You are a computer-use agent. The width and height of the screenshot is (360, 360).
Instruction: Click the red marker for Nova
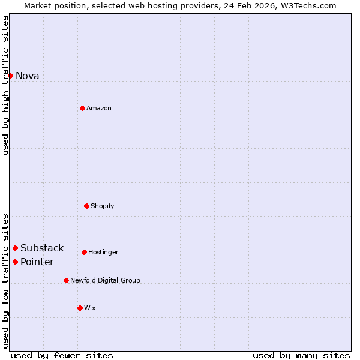point(10,76)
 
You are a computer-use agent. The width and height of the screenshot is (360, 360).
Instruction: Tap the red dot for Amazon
point(82,108)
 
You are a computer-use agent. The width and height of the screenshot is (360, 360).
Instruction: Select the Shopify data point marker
point(86,206)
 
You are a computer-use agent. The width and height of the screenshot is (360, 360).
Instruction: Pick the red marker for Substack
point(15,248)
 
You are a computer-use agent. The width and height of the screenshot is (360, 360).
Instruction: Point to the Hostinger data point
point(84,252)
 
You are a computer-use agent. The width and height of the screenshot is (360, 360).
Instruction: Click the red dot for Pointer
point(15,262)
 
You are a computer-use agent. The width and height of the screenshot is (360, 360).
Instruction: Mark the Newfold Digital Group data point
point(66,280)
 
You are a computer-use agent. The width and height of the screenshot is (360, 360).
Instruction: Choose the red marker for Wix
point(80,308)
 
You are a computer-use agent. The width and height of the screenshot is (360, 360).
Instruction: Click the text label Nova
point(28,76)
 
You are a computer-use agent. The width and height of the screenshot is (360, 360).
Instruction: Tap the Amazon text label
point(99,108)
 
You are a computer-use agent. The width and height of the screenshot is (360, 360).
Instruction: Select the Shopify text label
point(103,206)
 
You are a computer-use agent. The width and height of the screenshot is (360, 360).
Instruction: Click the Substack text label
point(42,248)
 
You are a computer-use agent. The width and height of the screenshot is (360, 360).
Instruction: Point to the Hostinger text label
point(103,252)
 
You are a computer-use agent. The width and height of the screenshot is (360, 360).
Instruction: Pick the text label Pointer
point(37,262)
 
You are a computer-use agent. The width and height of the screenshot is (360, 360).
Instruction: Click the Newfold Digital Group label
point(105,280)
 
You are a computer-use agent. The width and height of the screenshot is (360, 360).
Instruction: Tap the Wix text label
point(90,308)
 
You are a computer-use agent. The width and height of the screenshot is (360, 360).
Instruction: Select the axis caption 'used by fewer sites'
point(62,355)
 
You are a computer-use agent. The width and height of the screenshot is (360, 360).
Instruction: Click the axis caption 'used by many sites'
point(301,355)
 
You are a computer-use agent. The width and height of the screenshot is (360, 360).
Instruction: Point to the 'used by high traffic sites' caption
point(5,85)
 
